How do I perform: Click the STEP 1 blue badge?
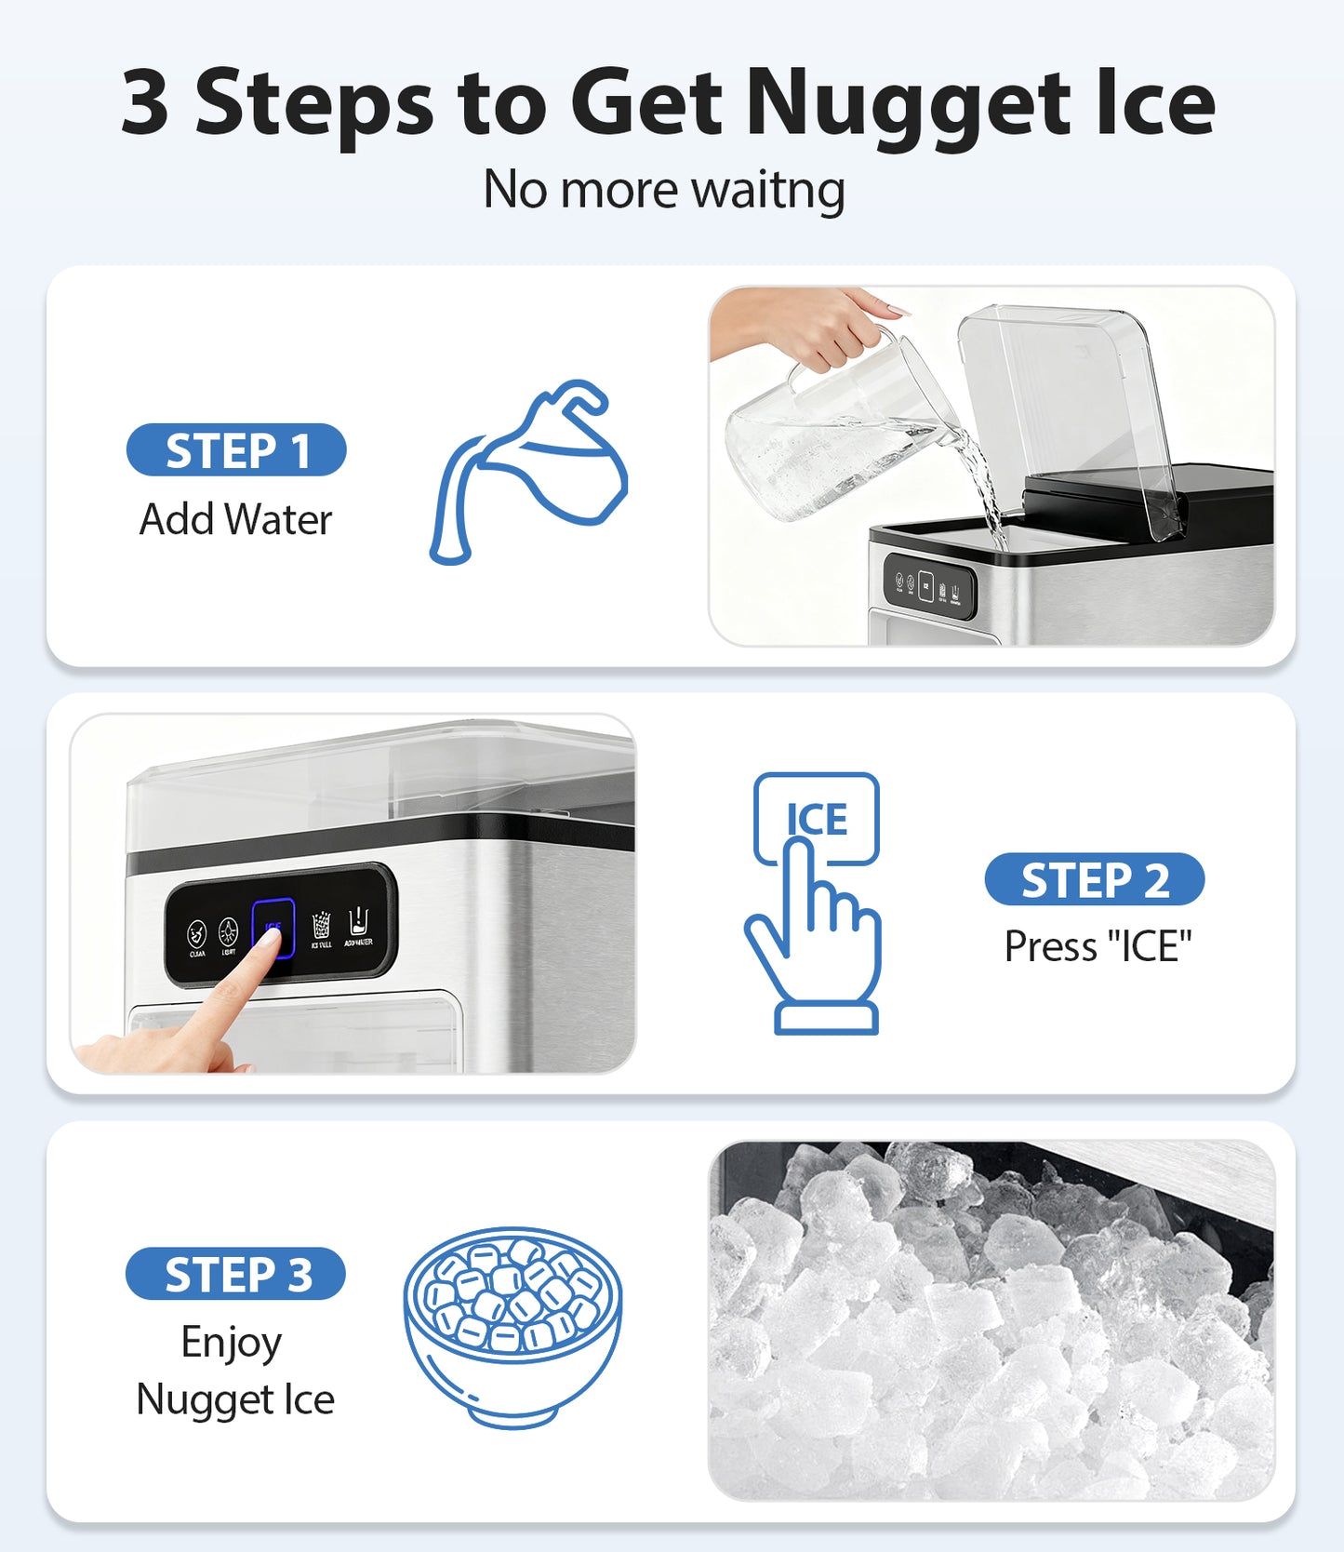pyautogui.click(x=236, y=450)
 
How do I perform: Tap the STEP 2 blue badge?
pyautogui.click(x=1094, y=879)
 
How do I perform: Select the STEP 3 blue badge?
pyautogui.click(x=235, y=1274)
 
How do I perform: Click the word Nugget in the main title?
pyautogui.click(x=908, y=104)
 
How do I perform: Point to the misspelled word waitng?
pyautogui.click(x=768, y=191)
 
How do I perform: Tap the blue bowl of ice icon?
pyautogui.click(x=512, y=1326)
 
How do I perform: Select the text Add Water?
pyautogui.click(x=235, y=519)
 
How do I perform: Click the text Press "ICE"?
pyautogui.click(x=1098, y=947)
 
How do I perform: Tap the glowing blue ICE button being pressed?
pyautogui.click(x=273, y=926)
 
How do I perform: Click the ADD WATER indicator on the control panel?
pyautogui.click(x=358, y=928)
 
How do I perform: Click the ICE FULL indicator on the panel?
pyautogui.click(x=321, y=929)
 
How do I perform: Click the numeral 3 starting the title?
pyautogui.click(x=146, y=104)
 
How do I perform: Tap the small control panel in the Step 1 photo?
pyautogui.click(x=928, y=586)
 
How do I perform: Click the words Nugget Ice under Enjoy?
pyautogui.click(x=235, y=1399)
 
